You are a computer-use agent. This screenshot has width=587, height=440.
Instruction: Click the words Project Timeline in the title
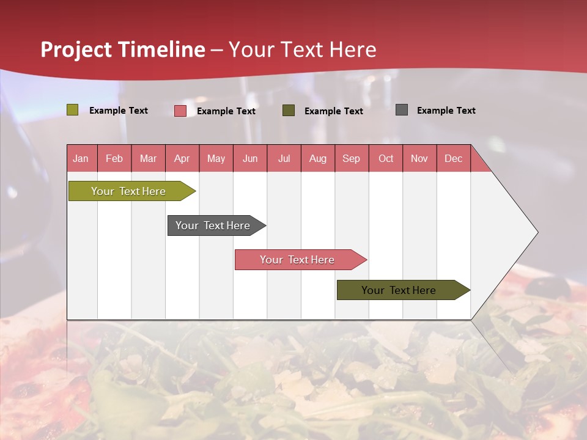click(x=122, y=50)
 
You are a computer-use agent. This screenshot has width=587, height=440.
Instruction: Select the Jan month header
click(x=81, y=158)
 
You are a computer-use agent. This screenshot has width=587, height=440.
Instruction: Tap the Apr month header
click(x=182, y=158)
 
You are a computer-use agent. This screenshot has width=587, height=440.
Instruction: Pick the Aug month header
click(x=317, y=158)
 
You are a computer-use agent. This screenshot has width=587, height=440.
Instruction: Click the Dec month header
click(x=453, y=158)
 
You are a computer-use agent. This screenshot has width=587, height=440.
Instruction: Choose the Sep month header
click(x=351, y=158)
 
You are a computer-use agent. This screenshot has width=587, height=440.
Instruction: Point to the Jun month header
click(x=250, y=158)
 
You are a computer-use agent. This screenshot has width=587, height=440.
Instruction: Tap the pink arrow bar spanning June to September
click(x=298, y=260)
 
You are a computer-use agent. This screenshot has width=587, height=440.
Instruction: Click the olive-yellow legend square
click(x=73, y=110)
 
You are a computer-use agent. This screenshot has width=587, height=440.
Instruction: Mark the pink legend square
click(x=180, y=111)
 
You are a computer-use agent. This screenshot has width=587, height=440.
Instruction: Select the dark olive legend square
click(x=289, y=111)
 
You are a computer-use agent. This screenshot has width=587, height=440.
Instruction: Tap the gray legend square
click(x=402, y=110)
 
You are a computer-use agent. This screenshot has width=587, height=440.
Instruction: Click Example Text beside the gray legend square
click(x=446, y=111)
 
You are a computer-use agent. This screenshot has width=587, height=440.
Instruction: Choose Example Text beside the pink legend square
click(x=226, y=111)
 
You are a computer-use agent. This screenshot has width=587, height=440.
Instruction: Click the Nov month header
click(x=419, y=158)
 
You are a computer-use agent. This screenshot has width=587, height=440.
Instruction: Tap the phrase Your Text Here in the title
click(x=303, y=50)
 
